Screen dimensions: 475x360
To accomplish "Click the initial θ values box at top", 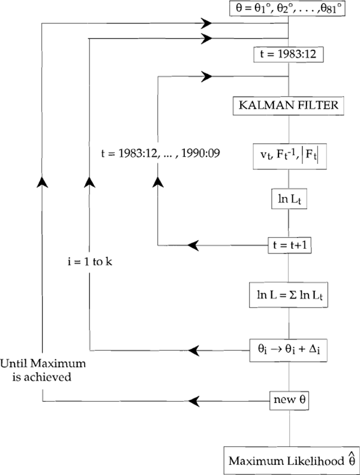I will coord(290,8).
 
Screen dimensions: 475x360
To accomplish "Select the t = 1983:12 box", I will coord(290,54).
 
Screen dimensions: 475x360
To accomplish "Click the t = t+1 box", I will coord(290,245).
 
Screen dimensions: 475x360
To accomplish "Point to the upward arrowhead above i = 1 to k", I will coord(89,181).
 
